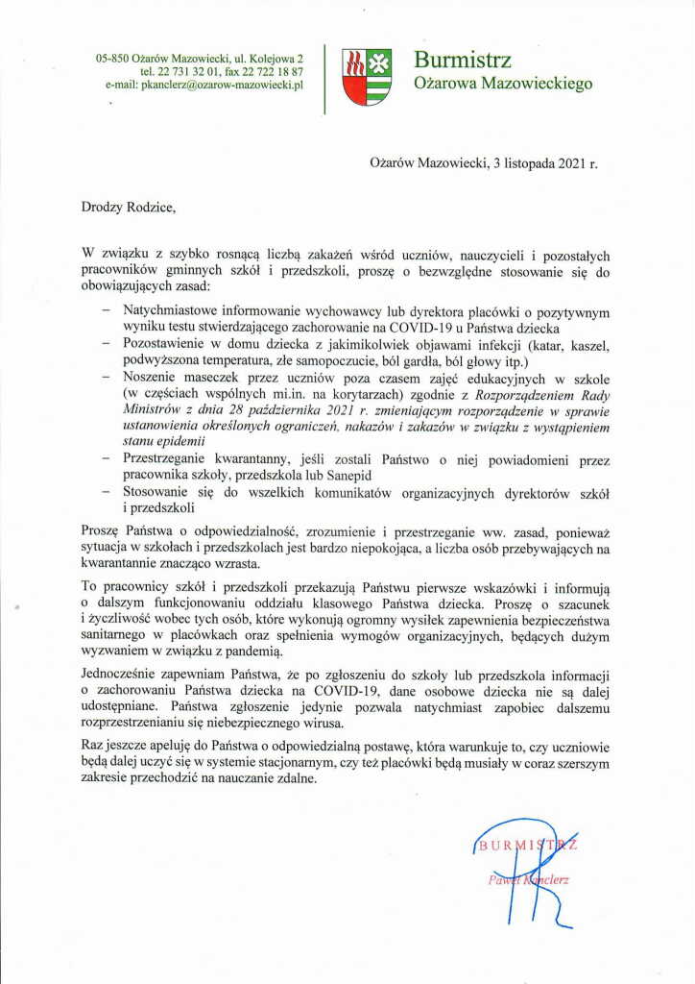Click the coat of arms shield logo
(x=367, y=77)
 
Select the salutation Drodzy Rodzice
(x=131, y=205)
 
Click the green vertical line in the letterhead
(x=324, y=78)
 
